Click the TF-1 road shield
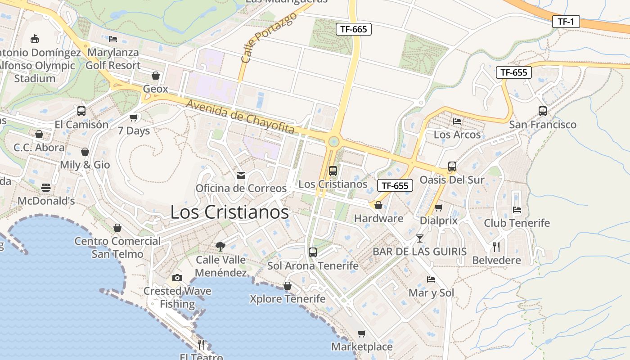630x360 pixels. tap(566, 21)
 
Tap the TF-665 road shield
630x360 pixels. tap(353, 30)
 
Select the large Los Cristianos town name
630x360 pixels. tap(229, 212)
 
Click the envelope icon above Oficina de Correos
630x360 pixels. tap(241, 175)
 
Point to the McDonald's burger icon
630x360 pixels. tap(45, 187)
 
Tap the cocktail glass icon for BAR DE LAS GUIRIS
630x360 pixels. tap(419, 238)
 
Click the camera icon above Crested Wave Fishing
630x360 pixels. tap(177, 278)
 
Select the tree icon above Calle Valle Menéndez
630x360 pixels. tap(220, 246)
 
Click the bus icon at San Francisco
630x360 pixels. tap(542, 111)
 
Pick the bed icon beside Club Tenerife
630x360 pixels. tap(517, 209)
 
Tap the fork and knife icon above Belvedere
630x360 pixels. tap(496, 247)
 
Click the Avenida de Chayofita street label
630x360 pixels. tap(240, 117)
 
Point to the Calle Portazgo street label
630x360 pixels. tap(269, 37)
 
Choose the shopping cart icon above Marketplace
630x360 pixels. tap(361, 333)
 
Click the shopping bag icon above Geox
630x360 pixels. tap(155, 75)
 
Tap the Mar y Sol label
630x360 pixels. tap(431, 293)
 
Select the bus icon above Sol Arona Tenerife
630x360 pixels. tap(313, 252)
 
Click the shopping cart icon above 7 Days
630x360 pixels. tap(133, 117)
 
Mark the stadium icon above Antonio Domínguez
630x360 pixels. tap(35, 39)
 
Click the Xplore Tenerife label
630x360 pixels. tap(288, 299)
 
